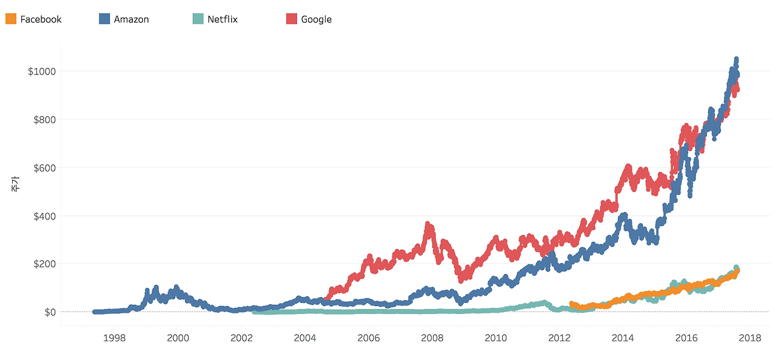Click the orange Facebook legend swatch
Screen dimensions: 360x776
click(x=10, y=19)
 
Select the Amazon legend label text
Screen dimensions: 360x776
click(x=131, y=19)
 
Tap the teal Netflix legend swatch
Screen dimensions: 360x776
click(x=198, y=19)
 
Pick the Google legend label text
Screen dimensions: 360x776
click(x=316, y=19)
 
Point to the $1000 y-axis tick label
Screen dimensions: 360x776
click(x=42, y=71)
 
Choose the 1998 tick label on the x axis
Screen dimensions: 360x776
click(x=114, y=338)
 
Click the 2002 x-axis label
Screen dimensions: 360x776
click(x=241, y=338)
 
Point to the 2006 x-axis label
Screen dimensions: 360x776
click(x=368, y=338)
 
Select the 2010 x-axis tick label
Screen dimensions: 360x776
click(x=495, y=338)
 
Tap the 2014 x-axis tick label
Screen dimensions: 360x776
click(x=623, y=338)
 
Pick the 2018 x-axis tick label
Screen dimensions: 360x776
click(x=750, y=338)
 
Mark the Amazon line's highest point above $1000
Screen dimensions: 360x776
click(x=736, y=59)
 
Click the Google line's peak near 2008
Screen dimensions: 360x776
click(x=428, y=225)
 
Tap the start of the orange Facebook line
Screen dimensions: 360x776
click(x=572, y=304)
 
